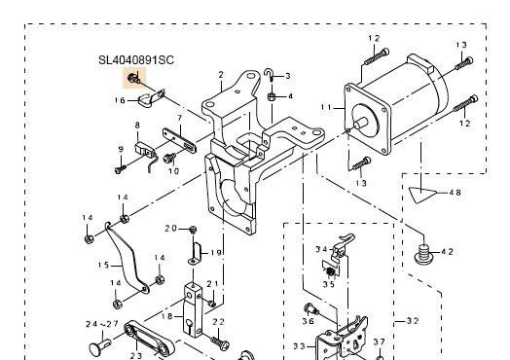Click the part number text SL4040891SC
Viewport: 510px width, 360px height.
point(136,60)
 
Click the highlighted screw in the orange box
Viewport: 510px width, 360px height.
point(133,78)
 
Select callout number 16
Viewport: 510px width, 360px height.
point(120,100)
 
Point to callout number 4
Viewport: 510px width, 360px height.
point(290,96)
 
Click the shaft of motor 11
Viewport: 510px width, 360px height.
point(361,123)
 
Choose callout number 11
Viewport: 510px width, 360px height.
point(326,107)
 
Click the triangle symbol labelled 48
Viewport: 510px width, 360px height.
point(422,195)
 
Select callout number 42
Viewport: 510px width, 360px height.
point(447,252)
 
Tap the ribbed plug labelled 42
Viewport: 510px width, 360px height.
point(423,254)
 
